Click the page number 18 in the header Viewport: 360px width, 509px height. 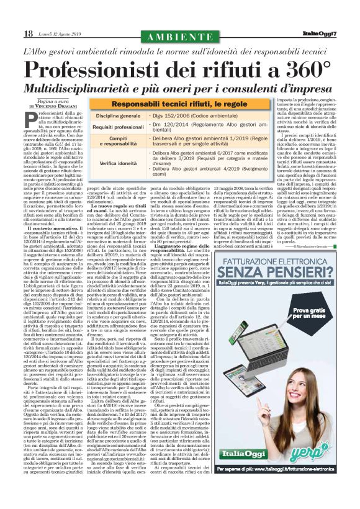click(29, 32)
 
